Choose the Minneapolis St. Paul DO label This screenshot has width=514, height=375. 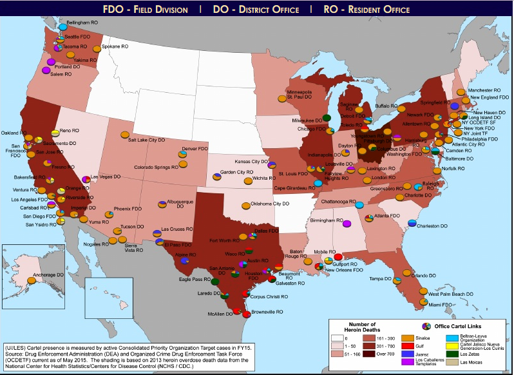pyautogui.click(x=299, y=95)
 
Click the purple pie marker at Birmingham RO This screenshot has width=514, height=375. pyautogui.click(x=347, y=224)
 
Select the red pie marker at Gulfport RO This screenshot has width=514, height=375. pyautogui.click(x=338, y=256)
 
